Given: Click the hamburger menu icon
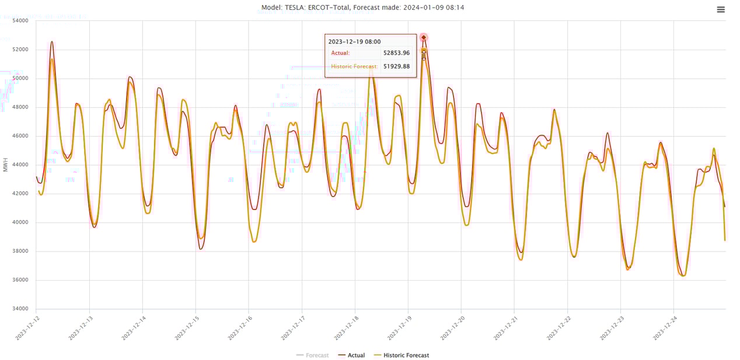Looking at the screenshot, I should [x=721, y=9].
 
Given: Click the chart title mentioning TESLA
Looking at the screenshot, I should [x=362, y=8].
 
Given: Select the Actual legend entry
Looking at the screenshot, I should [x=356, y=355].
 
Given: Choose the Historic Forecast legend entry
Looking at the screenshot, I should [x=406, y=355].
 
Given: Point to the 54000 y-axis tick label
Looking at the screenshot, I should [x=20, y=21].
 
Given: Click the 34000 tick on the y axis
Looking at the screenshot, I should [x=20, y=309].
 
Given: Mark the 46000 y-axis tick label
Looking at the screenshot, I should [x=20, y=136].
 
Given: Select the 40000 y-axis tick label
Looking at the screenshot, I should [x=20, y=222].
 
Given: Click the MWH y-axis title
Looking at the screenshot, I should [x=6, y=165].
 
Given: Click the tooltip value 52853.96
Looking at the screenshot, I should [x=396, y=53].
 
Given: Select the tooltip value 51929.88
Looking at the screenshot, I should [x=396, y=67].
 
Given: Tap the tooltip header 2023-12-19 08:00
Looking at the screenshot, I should [x=354, y=42].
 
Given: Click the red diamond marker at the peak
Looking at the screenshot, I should [x=424, y=37].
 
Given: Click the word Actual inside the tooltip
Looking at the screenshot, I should [x=340, y=53].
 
